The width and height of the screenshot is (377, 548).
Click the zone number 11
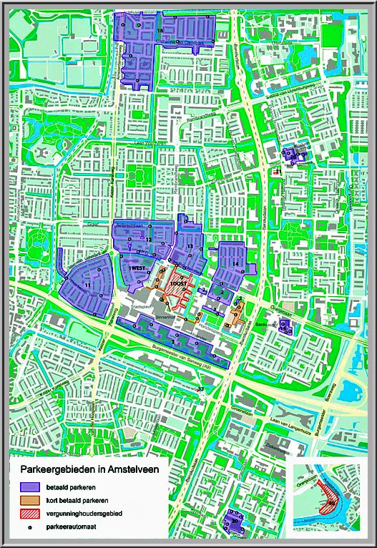coord(87,285)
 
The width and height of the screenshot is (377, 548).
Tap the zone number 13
coord(190,247)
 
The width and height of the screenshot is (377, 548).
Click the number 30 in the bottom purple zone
coord(234,522)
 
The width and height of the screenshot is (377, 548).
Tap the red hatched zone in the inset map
coord(331,501)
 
